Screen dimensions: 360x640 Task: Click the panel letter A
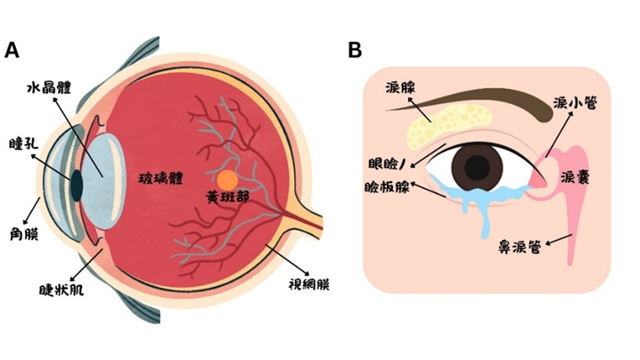click(x=12, y=51)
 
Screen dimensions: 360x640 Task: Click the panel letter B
click(x=355, y=51)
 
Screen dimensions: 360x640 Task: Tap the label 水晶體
click(x=50, y=88)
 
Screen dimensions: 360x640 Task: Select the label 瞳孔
click(x=22, y=143)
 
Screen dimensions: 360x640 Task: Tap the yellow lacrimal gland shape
click(x=449, y=123)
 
